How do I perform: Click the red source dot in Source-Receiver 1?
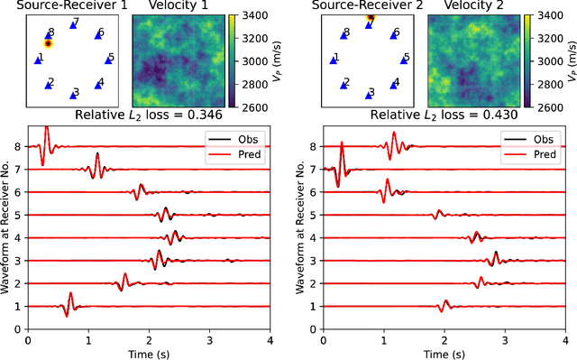click(49, 42)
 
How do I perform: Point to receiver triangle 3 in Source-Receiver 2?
click(369, 92)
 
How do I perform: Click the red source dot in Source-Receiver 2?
click(370, 17)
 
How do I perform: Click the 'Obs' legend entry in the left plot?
click(231, 140)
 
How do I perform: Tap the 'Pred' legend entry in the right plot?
click(526, 154)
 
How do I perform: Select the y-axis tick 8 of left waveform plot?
click(20, 146)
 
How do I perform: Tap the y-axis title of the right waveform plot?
click(300, 226)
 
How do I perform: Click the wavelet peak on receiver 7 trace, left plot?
click(97, 155)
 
